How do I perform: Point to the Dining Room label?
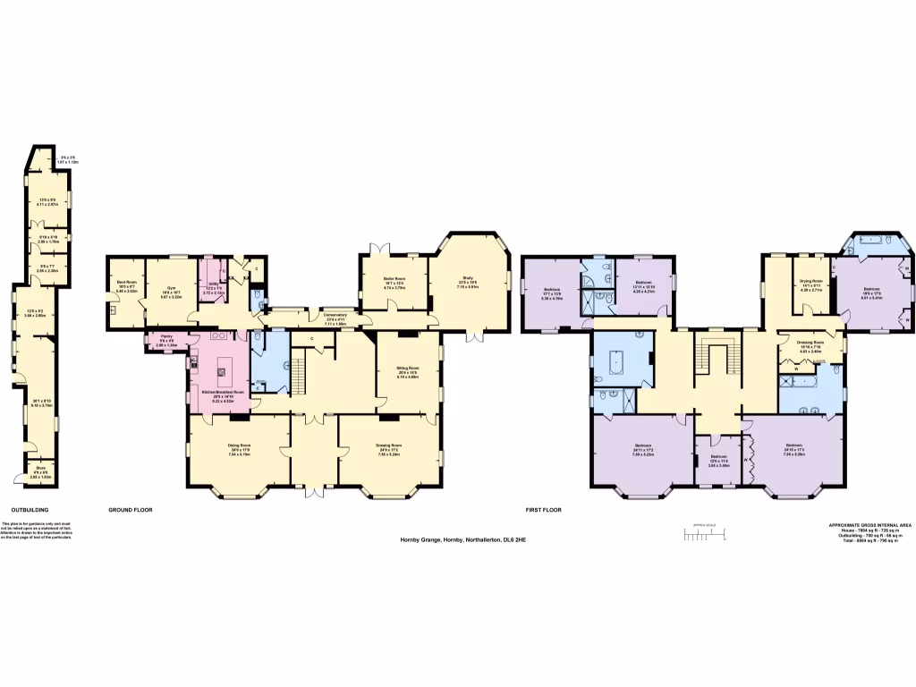coord(238,445)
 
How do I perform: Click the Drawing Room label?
coord(388,445)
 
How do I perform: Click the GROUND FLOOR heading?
coord(131,509)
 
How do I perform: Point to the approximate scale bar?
coord(703,535)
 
